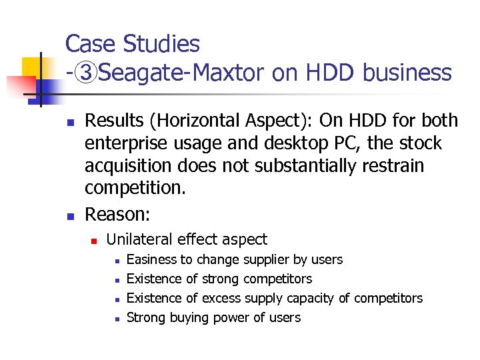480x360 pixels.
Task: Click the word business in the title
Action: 407,73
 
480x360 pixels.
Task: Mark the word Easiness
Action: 151,259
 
